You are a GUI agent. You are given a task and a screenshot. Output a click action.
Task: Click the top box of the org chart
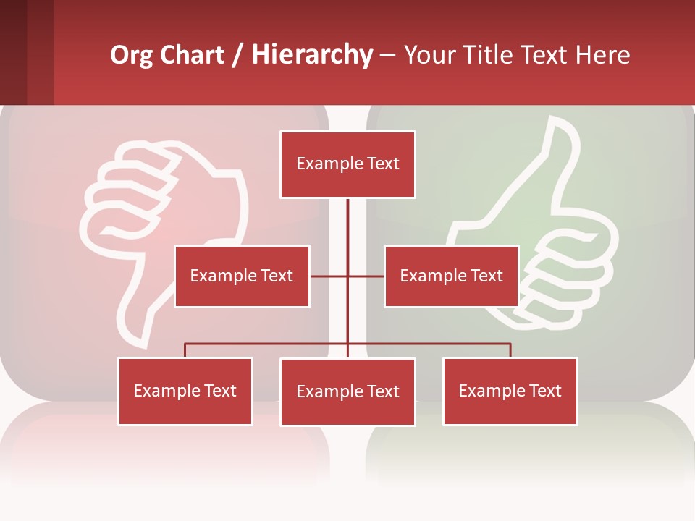pos(347,164)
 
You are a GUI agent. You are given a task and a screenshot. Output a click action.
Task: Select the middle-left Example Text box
pos(242,276)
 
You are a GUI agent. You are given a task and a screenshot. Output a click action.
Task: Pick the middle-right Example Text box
pos(451,276)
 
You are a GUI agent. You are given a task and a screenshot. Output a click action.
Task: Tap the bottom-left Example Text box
pos(185,391)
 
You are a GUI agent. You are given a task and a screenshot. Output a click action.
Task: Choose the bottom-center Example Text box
pos(347,391)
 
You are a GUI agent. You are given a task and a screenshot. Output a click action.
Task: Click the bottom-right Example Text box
pos(510,391)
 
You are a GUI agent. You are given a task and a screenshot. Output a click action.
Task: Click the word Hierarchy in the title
pos(312,55)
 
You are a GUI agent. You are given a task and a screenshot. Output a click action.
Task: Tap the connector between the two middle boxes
pos(347,276)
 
